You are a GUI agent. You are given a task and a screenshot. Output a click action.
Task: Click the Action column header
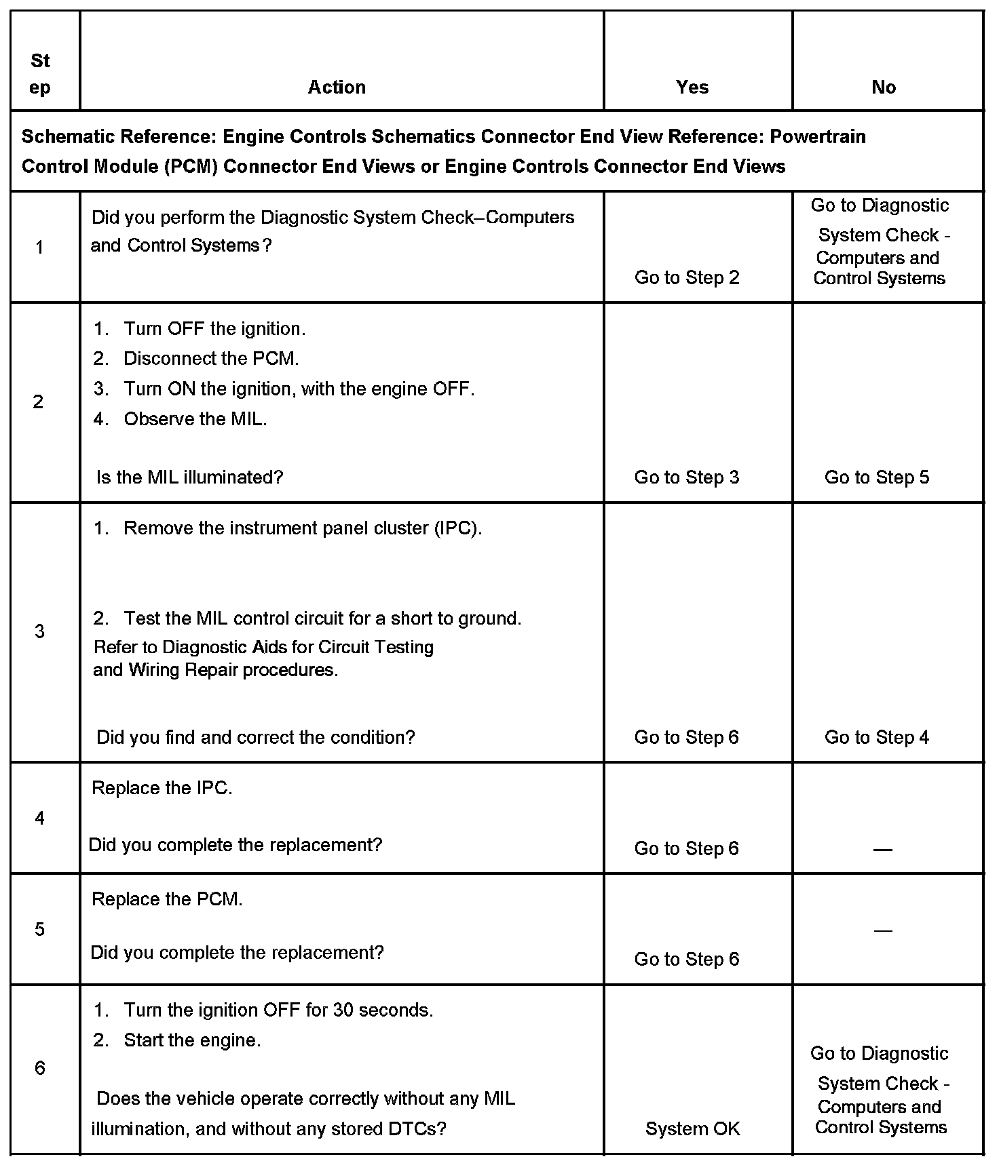(x=337, y=87)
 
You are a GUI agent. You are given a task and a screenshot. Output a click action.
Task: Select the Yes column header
(x=692, y=87)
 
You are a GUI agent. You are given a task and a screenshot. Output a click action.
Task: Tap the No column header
(x=884, y=87)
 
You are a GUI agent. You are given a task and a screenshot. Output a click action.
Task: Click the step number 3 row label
(x=39, y=631)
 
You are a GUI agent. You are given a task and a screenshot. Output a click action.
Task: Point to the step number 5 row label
(x=39, y=928)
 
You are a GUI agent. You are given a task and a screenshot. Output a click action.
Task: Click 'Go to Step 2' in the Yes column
(x=687, y=277)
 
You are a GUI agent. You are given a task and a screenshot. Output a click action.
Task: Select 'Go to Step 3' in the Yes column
(x=687, y=477)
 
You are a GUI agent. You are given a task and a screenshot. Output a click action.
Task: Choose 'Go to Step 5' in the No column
(x=877, y=477)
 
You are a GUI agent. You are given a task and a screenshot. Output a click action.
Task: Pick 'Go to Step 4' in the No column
(x=877, y=737)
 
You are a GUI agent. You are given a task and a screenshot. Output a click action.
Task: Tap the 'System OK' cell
(x=692, y=1128)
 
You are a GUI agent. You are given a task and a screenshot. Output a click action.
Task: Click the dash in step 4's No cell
(x=882, y=850)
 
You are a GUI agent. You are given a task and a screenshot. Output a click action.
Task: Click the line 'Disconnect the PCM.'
(x=210, y=358)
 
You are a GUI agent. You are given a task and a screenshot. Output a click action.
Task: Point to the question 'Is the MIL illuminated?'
(x=189, y=477)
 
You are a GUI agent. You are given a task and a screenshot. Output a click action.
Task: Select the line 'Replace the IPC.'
(x=162, y=788)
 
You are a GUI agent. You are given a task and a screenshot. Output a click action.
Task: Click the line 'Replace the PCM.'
(x=167, y=899)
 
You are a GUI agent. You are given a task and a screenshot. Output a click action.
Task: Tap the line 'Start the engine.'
(x=192, y=1040)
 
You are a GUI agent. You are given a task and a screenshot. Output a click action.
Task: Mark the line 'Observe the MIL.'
(x=195, y=419)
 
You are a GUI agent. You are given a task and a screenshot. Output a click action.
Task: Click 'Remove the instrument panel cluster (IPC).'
(x=302, y=528)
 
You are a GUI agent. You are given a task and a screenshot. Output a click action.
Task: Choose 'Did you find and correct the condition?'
(x=255, y=737)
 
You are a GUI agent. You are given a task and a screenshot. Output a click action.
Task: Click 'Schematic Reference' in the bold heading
(x=115, y=137)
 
